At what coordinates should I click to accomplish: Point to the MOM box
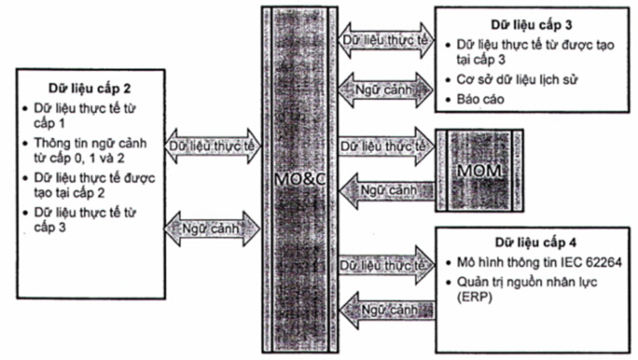[478, 170]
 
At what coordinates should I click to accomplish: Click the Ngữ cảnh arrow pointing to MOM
[386, 191]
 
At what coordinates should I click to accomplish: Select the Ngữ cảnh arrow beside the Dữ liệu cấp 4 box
[386, 310]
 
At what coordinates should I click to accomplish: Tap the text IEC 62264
[591, 262]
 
